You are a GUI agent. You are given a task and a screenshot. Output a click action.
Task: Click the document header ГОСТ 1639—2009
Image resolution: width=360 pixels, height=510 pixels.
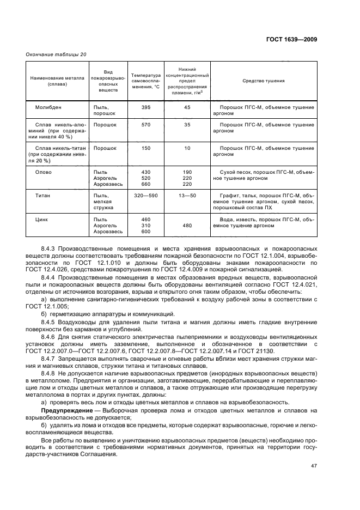291,40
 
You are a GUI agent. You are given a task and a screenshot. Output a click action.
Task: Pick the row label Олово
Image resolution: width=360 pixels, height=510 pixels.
44,172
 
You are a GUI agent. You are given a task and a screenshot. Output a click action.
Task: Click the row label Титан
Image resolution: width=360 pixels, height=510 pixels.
44,195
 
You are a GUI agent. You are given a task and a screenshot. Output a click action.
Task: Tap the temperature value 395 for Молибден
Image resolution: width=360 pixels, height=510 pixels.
146,108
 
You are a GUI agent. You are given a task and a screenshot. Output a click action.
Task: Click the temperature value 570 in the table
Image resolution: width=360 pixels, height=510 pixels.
146,125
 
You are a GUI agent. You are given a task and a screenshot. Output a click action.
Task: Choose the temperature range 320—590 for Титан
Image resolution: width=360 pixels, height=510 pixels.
146,195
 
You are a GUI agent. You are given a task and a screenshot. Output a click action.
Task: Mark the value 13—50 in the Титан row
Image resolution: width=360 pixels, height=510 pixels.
187,195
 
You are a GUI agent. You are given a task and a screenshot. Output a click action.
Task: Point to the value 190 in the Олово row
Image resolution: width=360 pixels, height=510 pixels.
187,172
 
